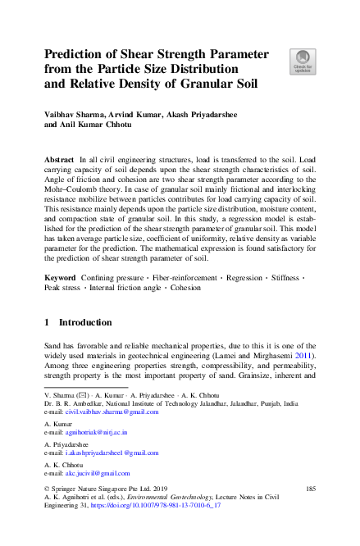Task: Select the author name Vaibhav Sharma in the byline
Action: [75, 116]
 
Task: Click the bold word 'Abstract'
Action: [59, 157]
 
